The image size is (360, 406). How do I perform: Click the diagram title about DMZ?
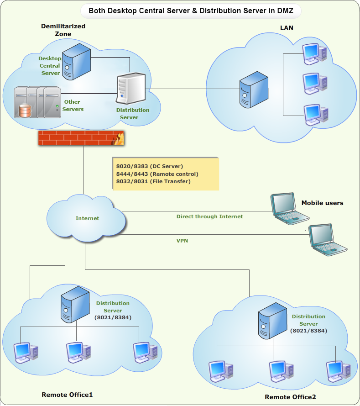[191, 10]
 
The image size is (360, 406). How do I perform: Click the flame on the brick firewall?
[119, 137]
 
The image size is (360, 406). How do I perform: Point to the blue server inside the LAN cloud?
[254, 89]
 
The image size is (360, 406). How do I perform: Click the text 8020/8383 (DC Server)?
[150, 166]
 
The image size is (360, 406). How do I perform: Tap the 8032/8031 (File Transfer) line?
[153, 181]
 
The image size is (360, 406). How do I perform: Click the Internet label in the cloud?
[87, 218]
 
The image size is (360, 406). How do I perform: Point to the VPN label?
[182, 241]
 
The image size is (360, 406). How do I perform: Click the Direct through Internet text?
[209, 216]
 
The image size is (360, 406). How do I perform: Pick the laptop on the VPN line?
[326, 239]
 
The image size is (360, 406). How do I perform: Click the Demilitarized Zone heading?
[63, 30]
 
